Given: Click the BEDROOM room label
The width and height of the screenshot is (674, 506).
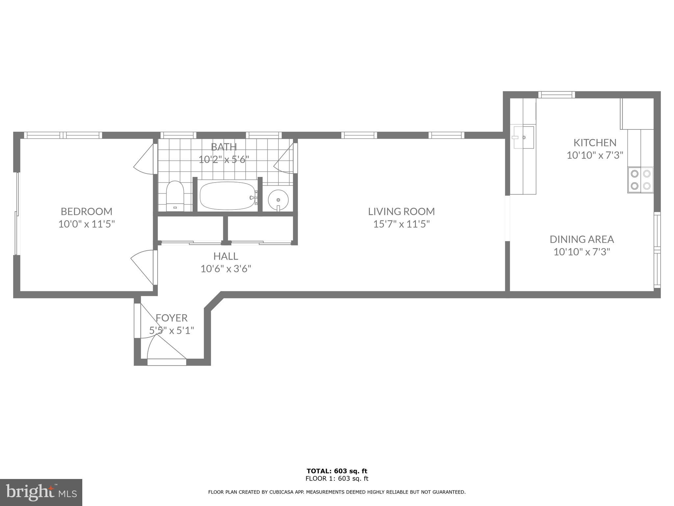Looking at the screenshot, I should pyautogui.click(x=87, y=211).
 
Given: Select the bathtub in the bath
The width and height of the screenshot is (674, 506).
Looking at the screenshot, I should pyautogui.click(x=227, y=196).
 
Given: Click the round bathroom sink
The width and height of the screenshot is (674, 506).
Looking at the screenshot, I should pyautogui.click(x=278, y=199).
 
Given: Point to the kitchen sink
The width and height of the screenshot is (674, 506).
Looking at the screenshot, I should pyautogui.click(x=523, y=137).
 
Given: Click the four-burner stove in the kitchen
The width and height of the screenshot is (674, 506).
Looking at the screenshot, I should pyautogui.click(x=640, y=180).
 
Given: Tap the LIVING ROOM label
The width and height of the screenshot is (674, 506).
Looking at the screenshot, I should pyautogui.click(x=401, y=211).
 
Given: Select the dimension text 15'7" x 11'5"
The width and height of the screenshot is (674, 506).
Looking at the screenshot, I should pyautogui.click(x=401, y=224).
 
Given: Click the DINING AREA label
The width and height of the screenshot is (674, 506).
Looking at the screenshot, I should pyautogui.click(x=582, y=239).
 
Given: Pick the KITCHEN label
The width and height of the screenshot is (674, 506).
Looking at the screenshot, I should pyautogui.click(x=595, y=143).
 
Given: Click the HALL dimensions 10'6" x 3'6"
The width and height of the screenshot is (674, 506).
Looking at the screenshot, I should pyautogui.click(x=226, y=269).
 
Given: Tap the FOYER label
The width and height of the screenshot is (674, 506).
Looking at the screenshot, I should pyautogui.click(x=171, y=318).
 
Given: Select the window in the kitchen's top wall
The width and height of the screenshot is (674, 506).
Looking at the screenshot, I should pyautogui.click(x=557, y=95).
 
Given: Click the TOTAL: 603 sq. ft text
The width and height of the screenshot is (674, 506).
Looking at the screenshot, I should pyautogui.click(x=337, y=471).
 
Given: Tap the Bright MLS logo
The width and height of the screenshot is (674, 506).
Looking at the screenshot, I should pyautogui.click(x=41, y=492).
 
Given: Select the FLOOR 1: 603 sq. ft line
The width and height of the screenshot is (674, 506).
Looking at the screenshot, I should pyautogui.click(x=337, y=479).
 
